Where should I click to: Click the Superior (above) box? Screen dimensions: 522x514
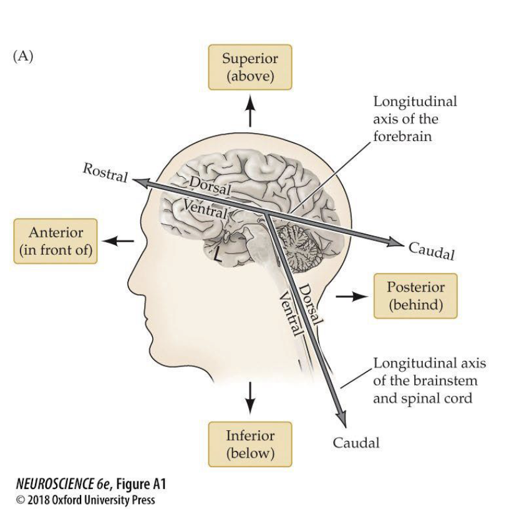[x=250, y=67]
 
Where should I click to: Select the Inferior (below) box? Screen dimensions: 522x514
[x=250, y=444]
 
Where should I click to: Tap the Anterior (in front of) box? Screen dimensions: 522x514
[x=56, y=241]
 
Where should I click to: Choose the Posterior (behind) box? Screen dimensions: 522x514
[x=415, y=296]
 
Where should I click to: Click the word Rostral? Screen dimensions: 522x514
[x=105, y=173]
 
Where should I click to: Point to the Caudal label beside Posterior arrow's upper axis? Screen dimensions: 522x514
[x=431, y=250]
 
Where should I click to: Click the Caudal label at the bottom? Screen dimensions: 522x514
[x=356, y=443]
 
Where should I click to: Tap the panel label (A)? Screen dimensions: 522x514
[x=22, y=56]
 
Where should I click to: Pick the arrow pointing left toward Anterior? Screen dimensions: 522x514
[x=119, y=240]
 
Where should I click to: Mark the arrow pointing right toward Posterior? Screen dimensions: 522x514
[x=349, y=296]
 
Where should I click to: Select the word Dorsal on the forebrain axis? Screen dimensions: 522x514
[x=210, y=185]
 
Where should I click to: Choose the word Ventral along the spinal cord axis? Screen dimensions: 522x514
[x=291, y=313]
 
